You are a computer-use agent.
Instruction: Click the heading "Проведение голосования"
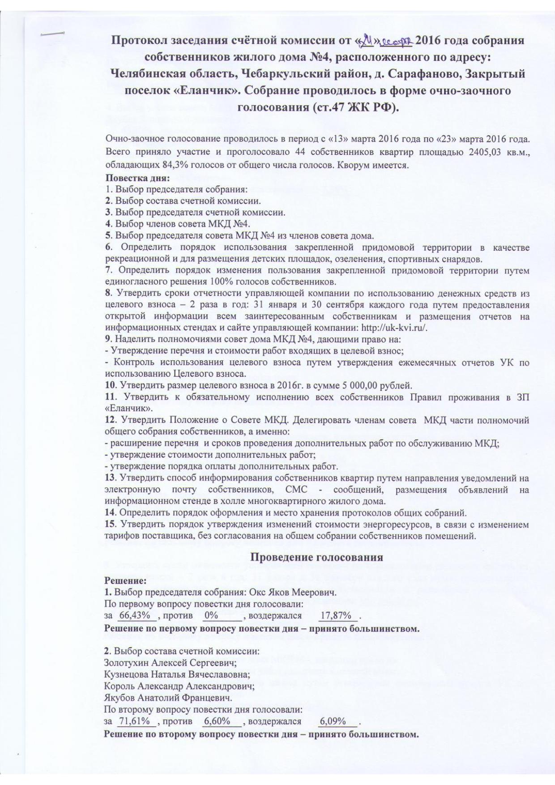[x=316, y=557]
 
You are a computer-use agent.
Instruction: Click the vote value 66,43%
[x=136, y=615]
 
